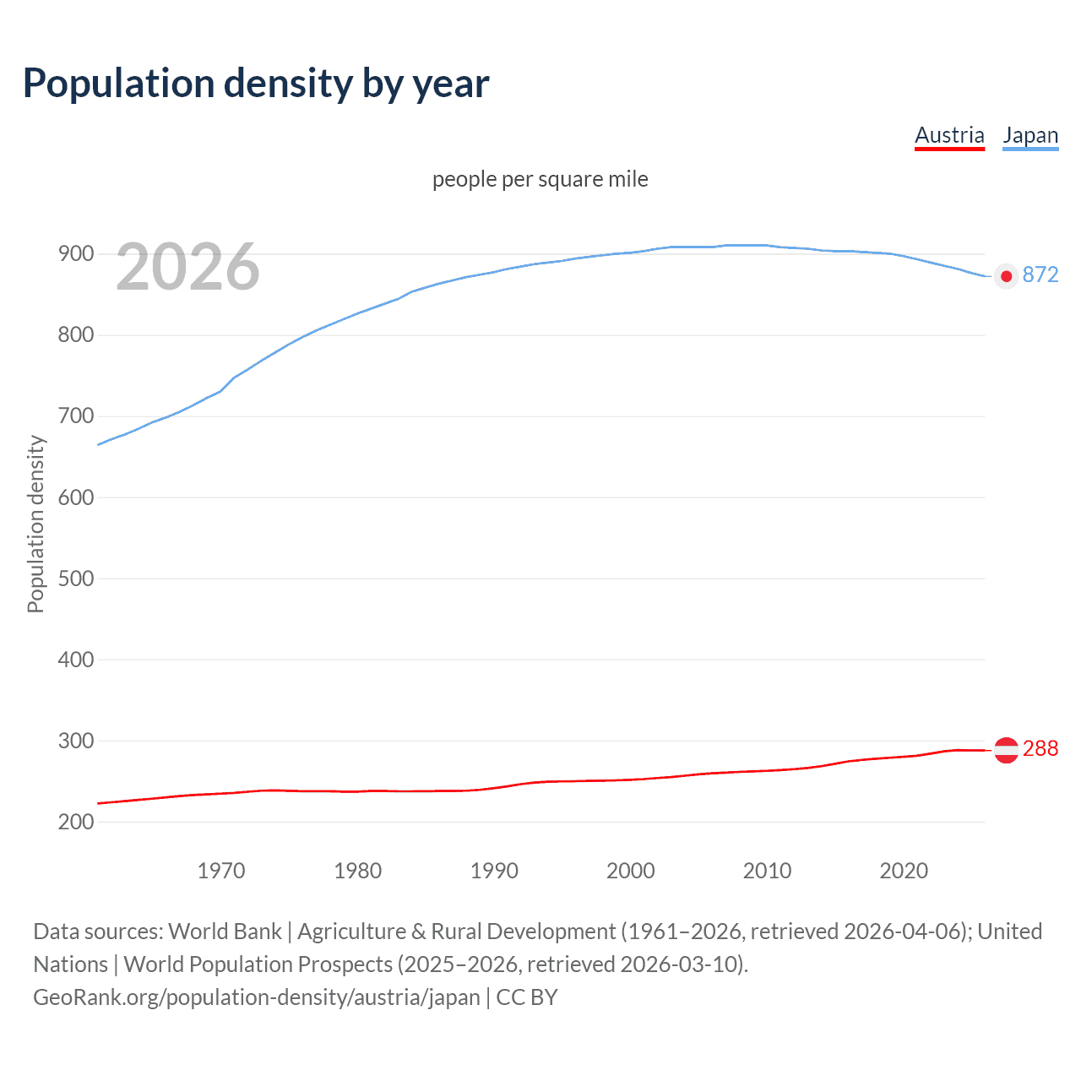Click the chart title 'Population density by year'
[256, 83]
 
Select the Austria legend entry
[949, 136]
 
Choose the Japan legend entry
[1030, 136]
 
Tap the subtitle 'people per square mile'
[540, 179]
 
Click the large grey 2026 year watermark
[187, 267]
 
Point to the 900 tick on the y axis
[75, 254]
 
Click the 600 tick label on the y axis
[75, 497]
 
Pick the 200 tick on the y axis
[75, 822]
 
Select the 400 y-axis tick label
[75, 660]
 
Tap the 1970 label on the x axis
[221, 871]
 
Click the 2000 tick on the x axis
[631, 871]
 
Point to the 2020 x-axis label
[904, 871]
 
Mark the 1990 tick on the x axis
[494, 871]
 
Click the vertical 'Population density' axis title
[35, 524]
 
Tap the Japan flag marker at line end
[1006, 276]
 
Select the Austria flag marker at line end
[1006, 750]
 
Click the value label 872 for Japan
[1040, 275]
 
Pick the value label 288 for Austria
[1040, 749]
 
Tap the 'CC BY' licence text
[527, 997]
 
